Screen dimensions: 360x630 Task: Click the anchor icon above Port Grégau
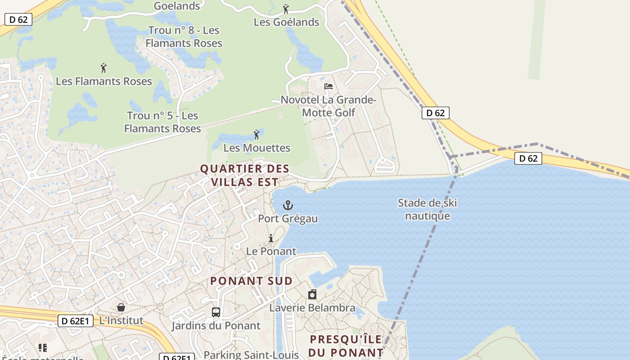click(288, 206)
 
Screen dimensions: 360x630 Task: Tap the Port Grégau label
click(288, 219)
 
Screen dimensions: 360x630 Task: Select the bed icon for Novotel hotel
click(328, 86)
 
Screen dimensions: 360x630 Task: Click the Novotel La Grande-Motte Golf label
click(328, 106)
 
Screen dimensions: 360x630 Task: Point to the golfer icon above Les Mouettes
click(256, 135)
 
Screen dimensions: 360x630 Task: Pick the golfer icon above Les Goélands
click(286, 9)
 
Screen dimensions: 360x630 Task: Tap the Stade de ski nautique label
click(427, 209)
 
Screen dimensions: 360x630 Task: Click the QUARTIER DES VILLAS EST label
click(244, 175)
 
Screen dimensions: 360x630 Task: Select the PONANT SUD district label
click(251, 281)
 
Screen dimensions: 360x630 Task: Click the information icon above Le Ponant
click(271, 238)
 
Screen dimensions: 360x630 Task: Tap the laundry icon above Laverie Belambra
click(312, 295)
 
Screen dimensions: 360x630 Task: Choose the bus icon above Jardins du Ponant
click(216, 312)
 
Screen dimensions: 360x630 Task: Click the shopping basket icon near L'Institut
click(121, 308)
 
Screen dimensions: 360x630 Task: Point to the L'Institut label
click(121, 320)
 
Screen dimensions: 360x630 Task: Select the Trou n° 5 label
click(162, 122)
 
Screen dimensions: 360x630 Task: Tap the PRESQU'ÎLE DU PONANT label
click(346, 346)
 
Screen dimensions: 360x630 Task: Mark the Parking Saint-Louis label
click(251, 355)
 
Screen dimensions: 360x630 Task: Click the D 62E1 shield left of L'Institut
click(76, 321)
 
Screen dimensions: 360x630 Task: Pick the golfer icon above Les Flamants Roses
click(104, 68)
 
